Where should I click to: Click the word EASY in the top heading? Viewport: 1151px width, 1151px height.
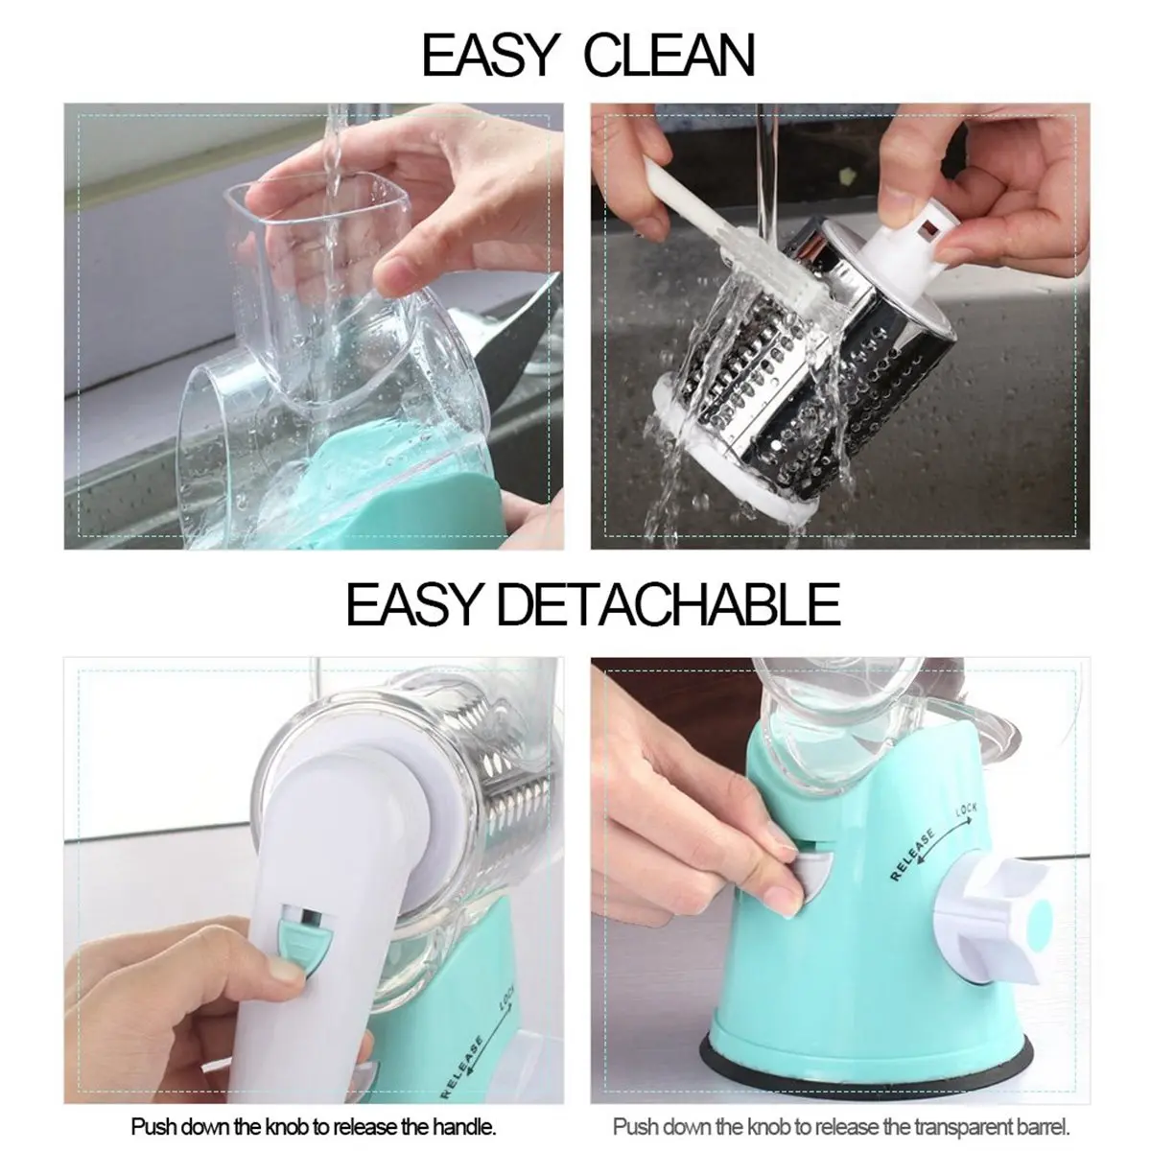[489, 56]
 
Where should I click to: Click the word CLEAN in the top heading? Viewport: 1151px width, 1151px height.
[669, 56]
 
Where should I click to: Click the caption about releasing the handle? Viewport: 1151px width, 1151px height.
[313, 1126]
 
